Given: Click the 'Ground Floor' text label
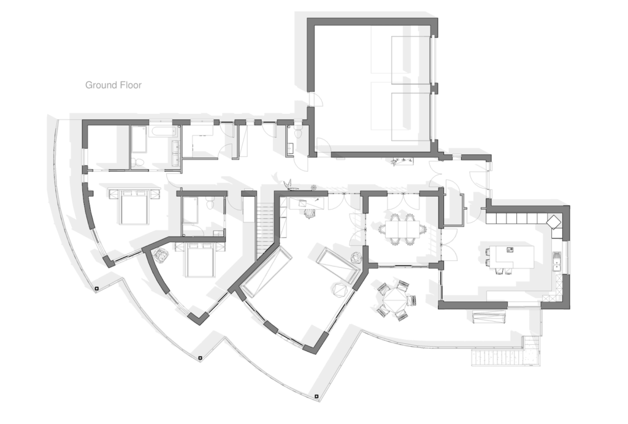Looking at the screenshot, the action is (113, 85).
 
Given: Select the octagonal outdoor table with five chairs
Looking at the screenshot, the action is (396, 300).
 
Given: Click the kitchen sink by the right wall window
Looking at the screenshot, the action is (557, 263).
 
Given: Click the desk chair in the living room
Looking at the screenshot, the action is (310, 214).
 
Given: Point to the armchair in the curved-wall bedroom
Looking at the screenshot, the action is (161, 256).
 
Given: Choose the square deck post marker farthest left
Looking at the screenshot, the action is (96, 289).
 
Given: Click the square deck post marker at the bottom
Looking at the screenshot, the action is (316, 396).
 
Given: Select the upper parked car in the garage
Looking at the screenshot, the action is (402, 55).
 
